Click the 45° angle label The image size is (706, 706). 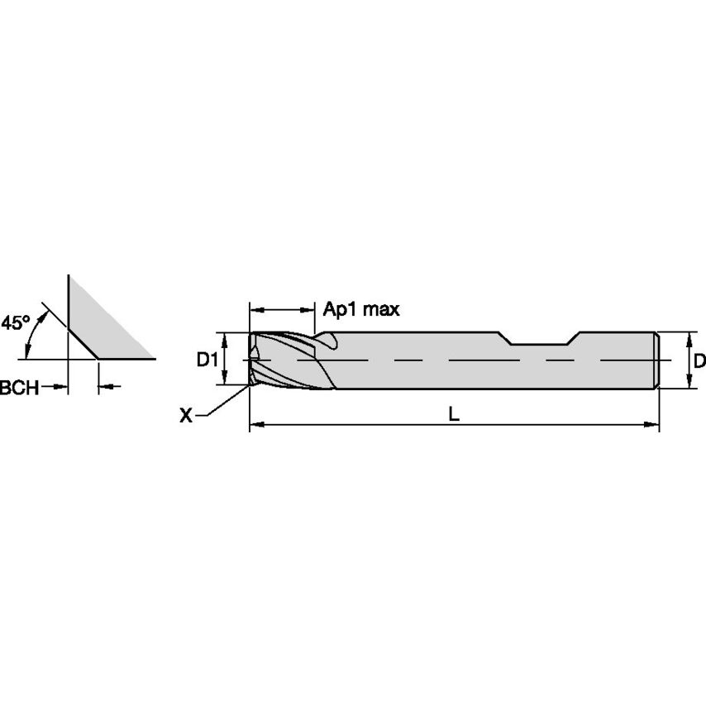coord(16,322)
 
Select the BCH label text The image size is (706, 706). coord(18,386)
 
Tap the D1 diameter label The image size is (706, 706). coord(207,360)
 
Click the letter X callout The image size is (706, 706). coord(186,416)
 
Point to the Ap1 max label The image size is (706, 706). coord(361,310)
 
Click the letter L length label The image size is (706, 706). coord(454,416)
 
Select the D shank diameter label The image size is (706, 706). coord(699,360)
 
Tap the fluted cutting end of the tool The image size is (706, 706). coord(285,360)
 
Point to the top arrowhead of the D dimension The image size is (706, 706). coord(689,338)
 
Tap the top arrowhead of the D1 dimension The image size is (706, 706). coord(224,338)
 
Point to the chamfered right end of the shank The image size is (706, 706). coord(656,360)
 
